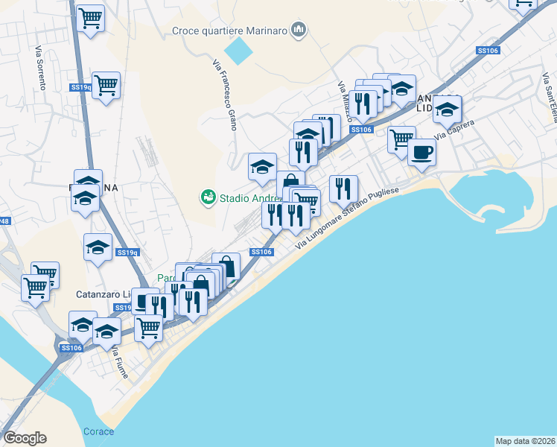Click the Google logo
[x=25, y=438]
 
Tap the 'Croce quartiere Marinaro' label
[x=230, y=31]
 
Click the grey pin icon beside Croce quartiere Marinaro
[x=299, y=30]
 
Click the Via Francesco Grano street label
[x=225, y=95]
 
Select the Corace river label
[x=98, y=431]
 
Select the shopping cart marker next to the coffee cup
[x=401, y=138]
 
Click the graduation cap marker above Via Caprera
[x=447, y=109]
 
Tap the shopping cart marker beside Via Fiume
[x=148, y=326]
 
